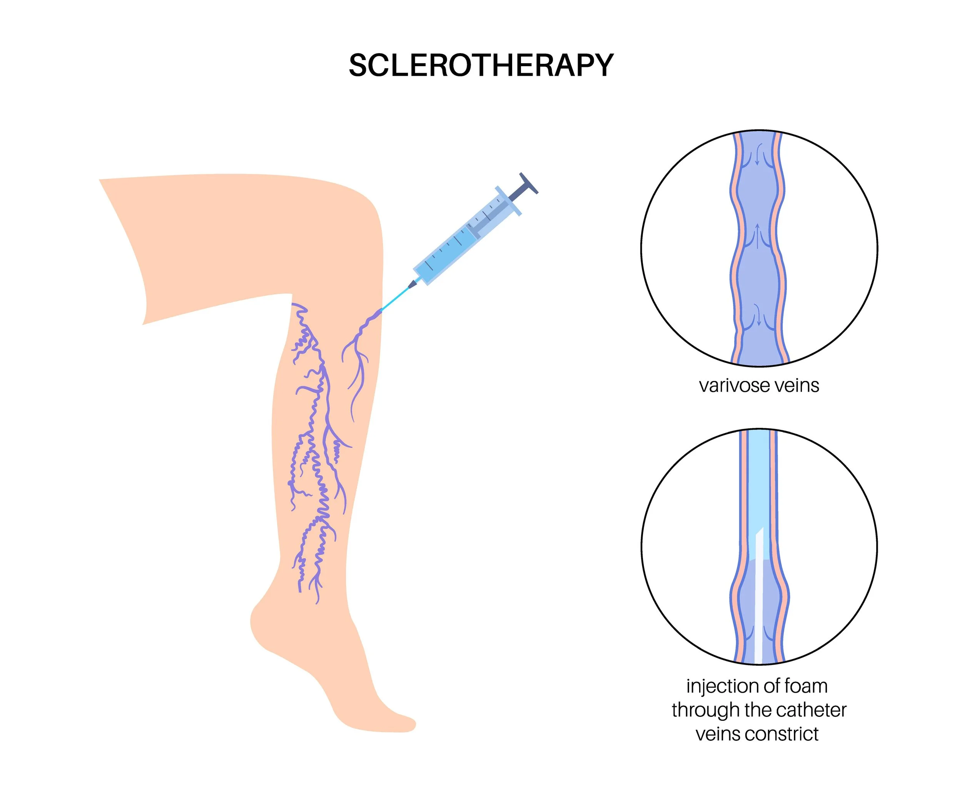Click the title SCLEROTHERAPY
pyautogui.click(x=481, y=65)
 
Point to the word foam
pyautogui.click(x=806, y=686)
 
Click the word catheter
pyautogui.click(x=808, y=710)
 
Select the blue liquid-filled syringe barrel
pyautogui.click(x=446, y=254)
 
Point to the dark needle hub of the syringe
pyautogui.click(x=412, y=284)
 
